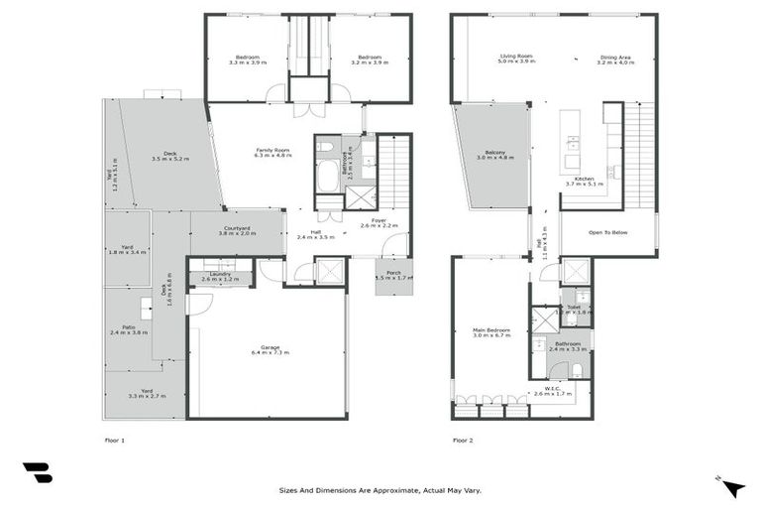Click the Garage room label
[271, 349]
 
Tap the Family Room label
[272, 152]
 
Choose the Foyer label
[378, 223]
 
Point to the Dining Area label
[614, 60]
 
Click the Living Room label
[516, 59]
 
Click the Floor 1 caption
[115, 439]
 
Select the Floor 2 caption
[463, 439]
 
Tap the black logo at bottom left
[38, 472]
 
